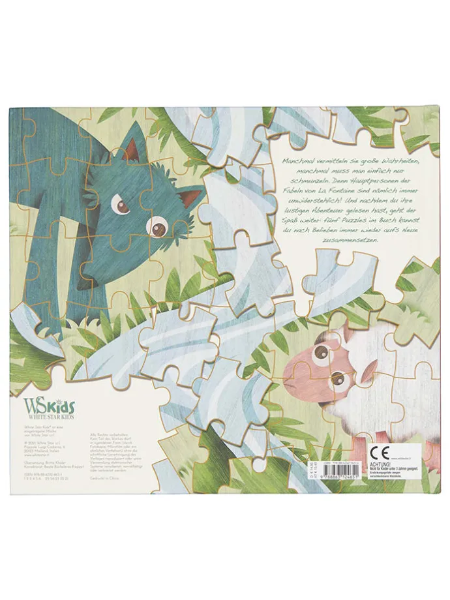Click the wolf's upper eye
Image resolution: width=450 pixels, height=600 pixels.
[122, 207]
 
